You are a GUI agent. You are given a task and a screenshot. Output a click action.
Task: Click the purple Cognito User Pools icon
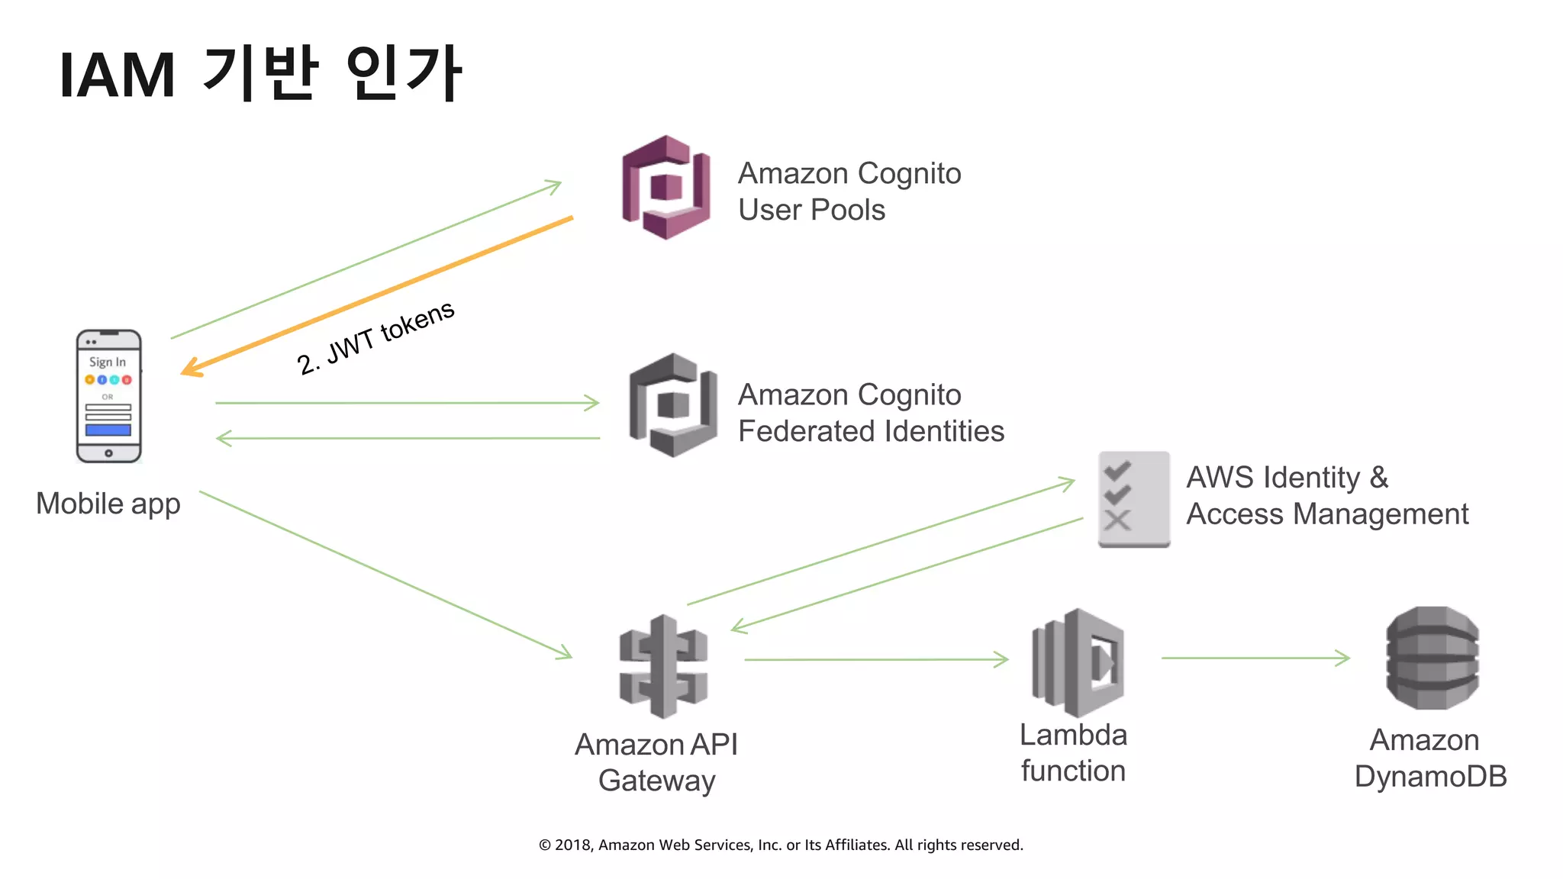coord(666,187)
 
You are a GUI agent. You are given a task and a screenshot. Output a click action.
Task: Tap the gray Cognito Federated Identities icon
coord(672,405)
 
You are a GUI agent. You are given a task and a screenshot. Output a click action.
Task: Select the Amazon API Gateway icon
coord(663,666)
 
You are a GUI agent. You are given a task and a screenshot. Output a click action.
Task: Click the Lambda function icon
coord(1078,662)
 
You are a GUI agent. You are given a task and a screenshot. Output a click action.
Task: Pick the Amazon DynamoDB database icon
coord(1432,658)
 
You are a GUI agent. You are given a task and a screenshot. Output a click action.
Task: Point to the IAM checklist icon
coord(1133,499)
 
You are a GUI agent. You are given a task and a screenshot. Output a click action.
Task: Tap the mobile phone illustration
coord(108,396)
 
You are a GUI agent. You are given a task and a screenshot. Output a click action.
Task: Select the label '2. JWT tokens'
coord(375,337)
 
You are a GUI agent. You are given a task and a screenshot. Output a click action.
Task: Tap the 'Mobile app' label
coord(108,504)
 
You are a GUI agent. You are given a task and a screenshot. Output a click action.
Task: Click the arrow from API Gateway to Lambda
coord(876,659)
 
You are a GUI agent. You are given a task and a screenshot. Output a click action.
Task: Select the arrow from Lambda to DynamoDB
coord(1255,658)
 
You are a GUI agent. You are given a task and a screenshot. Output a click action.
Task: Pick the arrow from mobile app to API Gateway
coord(385,575)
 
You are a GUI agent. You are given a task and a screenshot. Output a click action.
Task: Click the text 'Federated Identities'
coord(871,431)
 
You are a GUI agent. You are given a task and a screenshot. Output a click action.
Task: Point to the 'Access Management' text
coord(1326,514)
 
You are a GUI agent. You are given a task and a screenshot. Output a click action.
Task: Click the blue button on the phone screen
coord(108,430)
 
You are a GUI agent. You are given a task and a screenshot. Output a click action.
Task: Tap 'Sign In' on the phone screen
coord(108,362)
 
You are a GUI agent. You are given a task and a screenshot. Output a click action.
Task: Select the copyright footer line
coord(781,845)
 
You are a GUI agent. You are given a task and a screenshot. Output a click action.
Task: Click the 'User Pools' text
coord(811,210)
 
